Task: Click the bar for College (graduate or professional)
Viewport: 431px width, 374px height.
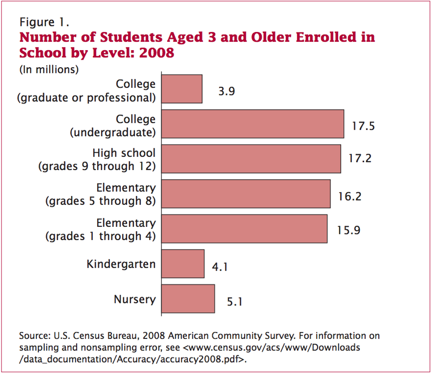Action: coord(182,89)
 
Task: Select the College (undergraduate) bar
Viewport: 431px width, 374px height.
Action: coord(253,124)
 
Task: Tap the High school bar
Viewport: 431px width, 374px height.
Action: coord(251,159)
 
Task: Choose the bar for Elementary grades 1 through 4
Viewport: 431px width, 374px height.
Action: coord(245,229)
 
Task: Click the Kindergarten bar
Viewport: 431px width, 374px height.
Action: coord(183,264)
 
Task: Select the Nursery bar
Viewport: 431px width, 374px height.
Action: coord(188,298)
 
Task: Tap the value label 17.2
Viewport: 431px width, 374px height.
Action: coord(360,158)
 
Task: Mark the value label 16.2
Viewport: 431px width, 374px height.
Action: coord(350,196)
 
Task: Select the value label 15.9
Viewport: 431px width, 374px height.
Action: coord(349,230)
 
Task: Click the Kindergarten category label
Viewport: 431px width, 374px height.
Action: coord(121,264)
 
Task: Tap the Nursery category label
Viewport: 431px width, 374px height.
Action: coord(135,300)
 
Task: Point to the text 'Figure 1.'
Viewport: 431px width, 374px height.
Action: coord(44,21)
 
